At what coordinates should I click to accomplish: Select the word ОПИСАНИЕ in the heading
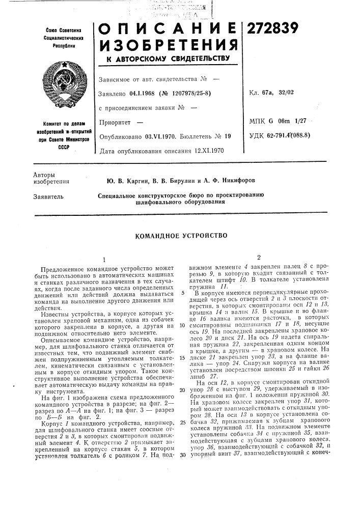coord(169,32)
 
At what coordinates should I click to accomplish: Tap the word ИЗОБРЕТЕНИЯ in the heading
coord(169,49)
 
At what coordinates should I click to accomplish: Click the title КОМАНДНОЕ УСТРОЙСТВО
coord(180,236)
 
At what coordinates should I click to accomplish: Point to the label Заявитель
coord(48,195)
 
